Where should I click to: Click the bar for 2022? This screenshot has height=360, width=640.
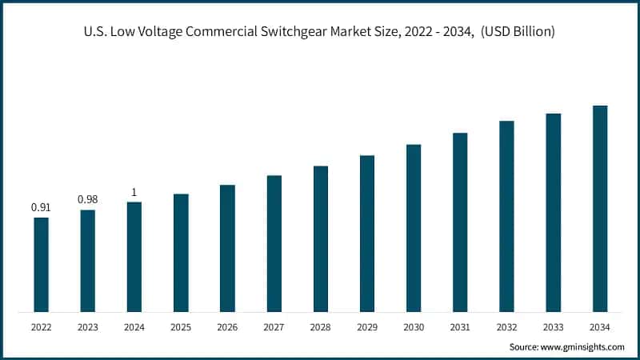click(41, 264)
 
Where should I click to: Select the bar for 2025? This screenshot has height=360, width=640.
click(181, 252)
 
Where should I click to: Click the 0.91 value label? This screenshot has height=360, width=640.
click(41, 207)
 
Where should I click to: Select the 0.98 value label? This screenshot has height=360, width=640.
click(87, 199)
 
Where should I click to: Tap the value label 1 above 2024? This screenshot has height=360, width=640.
click(134, 192)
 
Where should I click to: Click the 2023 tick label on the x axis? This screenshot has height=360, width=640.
click(87, 327)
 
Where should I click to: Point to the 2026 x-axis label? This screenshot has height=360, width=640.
click(227, 327)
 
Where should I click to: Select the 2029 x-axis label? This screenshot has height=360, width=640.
click(367, 327)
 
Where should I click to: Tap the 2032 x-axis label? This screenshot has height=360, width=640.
click(506, 327)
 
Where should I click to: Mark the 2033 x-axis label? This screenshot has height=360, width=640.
click(554, 327)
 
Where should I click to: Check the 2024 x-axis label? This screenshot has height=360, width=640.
click(134, 327)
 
